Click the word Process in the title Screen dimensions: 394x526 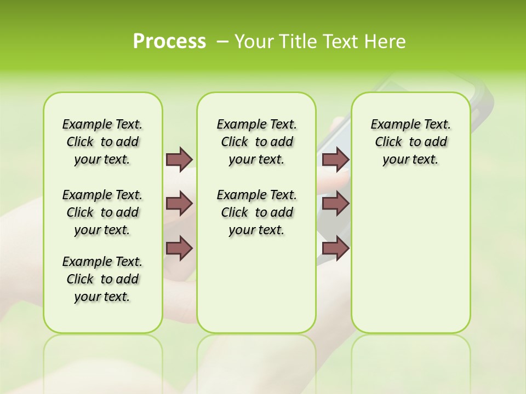[169, 42]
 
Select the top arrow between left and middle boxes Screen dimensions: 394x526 [179, 159]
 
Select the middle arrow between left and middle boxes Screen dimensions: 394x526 [179, 204]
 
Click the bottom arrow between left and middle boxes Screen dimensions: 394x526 [179, 248]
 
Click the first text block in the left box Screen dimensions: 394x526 [102, 142]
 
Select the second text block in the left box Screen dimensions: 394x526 [102, 212]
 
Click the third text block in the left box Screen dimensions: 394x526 [102, 279]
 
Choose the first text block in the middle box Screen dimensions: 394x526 [256, 142]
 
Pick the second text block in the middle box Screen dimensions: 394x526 [256, 212]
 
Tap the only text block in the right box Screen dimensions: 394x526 [410, 142]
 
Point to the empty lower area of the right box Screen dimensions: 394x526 [410, 263]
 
